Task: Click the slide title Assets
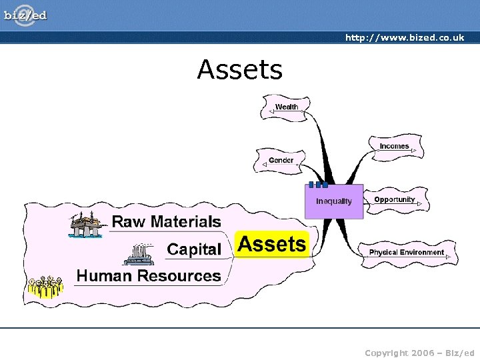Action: point(239,69)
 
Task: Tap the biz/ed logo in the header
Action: point(26,15)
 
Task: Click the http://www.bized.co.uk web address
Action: point(404,38)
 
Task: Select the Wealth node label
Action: point(287,107)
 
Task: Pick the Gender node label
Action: point(281,160)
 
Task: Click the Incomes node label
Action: point(394,146)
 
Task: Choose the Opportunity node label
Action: point(394,199)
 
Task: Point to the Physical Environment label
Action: point(406,253)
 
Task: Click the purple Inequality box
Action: point(334,201)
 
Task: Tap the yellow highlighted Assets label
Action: point(272,245)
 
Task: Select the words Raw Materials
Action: point(166,221)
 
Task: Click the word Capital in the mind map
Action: point(193,249)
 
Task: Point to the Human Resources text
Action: point(149,275)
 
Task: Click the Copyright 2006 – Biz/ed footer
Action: point(419,351)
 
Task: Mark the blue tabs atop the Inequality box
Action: point(318,185)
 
